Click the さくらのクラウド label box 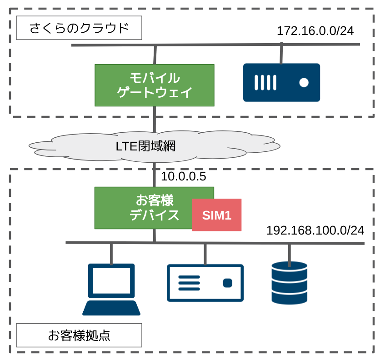pyautogui.click(x=79, y=28)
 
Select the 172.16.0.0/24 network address pyautogui.click(x=315, y=31)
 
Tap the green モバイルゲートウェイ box pyautogui.click(x=155, y=85)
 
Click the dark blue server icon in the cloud pyautogui.click(x=281, y=82)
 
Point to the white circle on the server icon pyautogui.click(x=304, y=82)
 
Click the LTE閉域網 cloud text pyautogui.click(x=145, y=146)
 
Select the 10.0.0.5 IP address pyautogui.click(x=184, y=177)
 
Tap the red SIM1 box pyautogui.click(x=217, y=215)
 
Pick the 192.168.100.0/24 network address pyautogui.click(x=315, y=230)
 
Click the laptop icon pyautogui.click(x=111, y=289)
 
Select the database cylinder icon pyautogui.click(x=290, y=282)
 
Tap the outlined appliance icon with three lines pyautogui.click(x=205, y=283)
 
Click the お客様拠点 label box pyautogui.click(x=79, y=335)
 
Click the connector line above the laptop pyautogui.click(x=111, y=254)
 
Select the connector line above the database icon pyautogui.click(x=290, y=253)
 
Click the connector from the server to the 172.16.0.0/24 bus pyautogui.click(x=281, y=54)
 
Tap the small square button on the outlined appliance pyautogui.click(x=227, y=283)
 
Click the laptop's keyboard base pyautogui.click(x=111, y=308)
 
